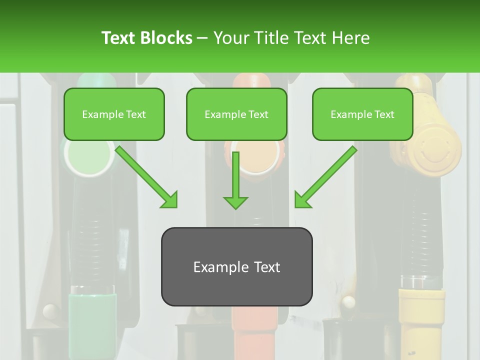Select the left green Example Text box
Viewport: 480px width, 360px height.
tap(114, 114)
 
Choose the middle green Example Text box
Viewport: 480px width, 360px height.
tap(236, 114)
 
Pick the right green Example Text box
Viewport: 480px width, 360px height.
tap(362, 114)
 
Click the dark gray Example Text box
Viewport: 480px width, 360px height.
tap(236, 266)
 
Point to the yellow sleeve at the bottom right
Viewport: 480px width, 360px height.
tap(421, 315)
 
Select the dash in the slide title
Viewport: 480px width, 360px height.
tap(202, 38)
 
